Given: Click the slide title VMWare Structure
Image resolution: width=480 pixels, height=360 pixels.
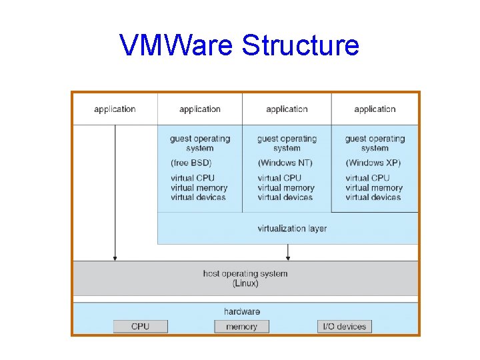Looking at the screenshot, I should tap(239, 46).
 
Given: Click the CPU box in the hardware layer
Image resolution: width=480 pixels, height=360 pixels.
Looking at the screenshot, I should tap(140, 327).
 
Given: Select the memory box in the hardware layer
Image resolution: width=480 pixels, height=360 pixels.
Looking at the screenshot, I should tap(241, 327).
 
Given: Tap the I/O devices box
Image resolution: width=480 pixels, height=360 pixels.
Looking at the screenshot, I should tap(344, 327).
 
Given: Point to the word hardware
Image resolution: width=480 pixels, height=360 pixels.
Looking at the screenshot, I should tap(242, 311).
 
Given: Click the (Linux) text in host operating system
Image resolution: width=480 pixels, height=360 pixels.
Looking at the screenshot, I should tap(245, 283).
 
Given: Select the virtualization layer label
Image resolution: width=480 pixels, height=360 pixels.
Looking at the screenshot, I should tap(292, 229).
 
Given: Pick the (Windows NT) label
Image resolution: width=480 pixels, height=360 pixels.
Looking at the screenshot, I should tap(285, 163).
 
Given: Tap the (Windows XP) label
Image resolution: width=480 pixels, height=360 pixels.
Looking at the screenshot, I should tap(373, 163).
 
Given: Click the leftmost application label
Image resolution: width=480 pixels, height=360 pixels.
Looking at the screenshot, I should tap(115, 109).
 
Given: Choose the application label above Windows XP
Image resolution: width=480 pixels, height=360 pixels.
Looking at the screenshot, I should tap(375, 109).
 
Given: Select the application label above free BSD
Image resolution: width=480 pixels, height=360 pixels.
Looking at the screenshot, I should tap(199, 109).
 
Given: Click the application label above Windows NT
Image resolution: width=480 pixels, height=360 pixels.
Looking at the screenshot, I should tap(287, 109).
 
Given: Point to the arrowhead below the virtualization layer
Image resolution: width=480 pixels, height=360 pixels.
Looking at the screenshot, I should tap(288, 257).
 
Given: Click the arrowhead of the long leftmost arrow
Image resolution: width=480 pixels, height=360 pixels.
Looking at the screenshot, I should tap(115, 257).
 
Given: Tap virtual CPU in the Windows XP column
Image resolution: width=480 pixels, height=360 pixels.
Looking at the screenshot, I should tap(367, 178).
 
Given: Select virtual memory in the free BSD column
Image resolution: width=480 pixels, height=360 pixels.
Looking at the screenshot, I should tap(199, 188).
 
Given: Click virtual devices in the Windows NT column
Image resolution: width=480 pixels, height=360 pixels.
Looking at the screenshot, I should tap(285, 197).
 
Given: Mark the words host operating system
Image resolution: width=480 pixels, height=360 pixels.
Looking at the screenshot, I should tap(245, 273).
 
